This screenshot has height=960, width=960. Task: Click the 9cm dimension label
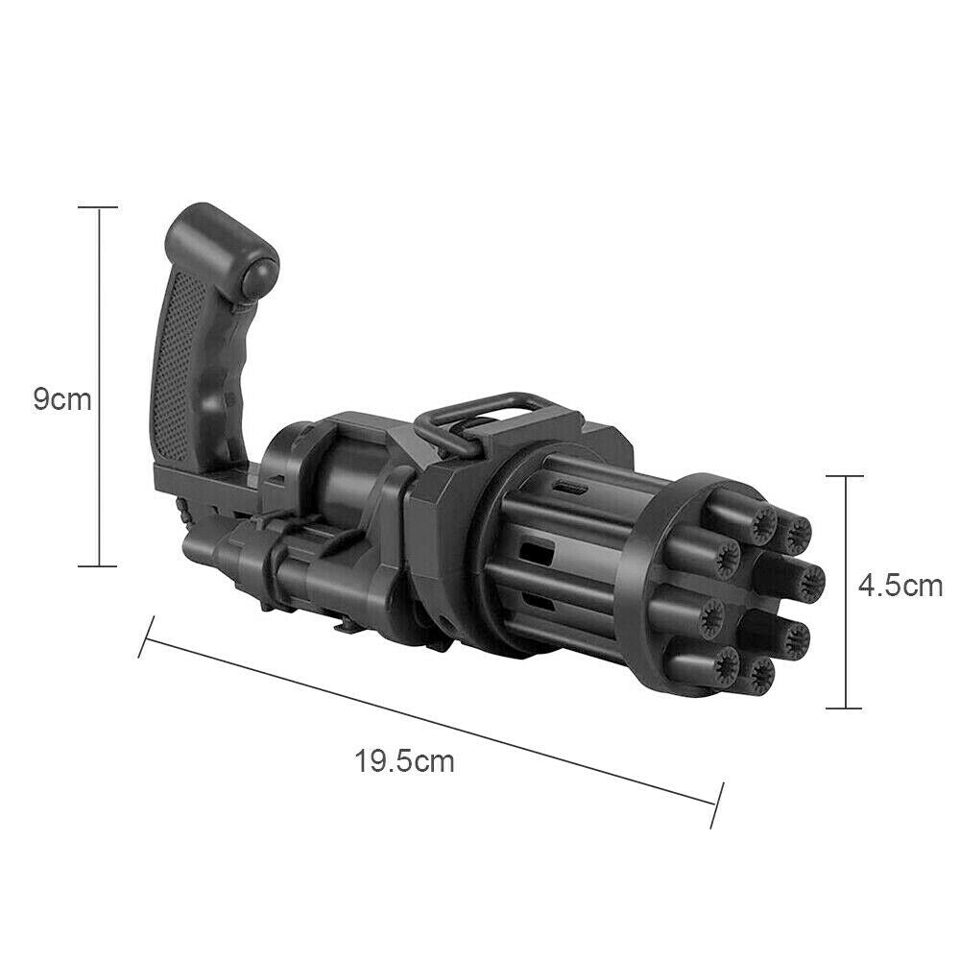(62, 399)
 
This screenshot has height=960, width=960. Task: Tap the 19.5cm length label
(404, 761)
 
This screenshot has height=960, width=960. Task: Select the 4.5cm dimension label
(900, 586)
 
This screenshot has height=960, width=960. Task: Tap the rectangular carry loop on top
(484, 421)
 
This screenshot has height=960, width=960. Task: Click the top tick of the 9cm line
(98, 207)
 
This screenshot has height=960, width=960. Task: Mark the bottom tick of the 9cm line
(98, 566)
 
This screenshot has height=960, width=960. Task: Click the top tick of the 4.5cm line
(845, 475)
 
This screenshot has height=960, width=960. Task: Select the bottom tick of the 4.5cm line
(845, 708)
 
